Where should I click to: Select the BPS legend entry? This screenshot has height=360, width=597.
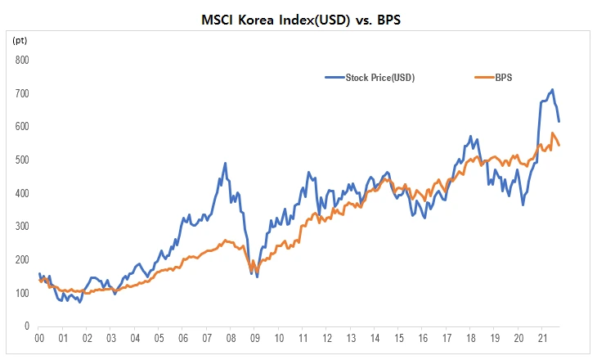pyautogui.click(x=502, y=78)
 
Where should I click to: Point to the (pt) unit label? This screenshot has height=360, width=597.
pyautogui.click(x=19, y=39)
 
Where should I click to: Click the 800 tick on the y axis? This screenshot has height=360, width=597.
pyautogui.click(x=22, y=60)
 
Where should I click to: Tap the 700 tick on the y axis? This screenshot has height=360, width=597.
pyautogui.click(x=22, y=93)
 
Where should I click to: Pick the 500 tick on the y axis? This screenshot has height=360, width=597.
pyautogui.click(x=22, y=160)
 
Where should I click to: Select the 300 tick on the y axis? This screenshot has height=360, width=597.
pyautogui.click(x=22, y=226)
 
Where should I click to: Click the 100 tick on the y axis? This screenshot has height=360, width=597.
pyautogui.click(x=22, y=293)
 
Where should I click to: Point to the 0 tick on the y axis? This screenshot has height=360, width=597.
pyautogui.click(x=27, y=326)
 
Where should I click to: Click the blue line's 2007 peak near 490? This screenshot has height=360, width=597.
pyautogui.click(x=225, y=164)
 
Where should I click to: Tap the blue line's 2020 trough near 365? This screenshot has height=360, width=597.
pyautogui.click(x=523, y=205)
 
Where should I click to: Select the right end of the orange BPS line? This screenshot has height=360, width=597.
pyautogui.click(x=559, y=145)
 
